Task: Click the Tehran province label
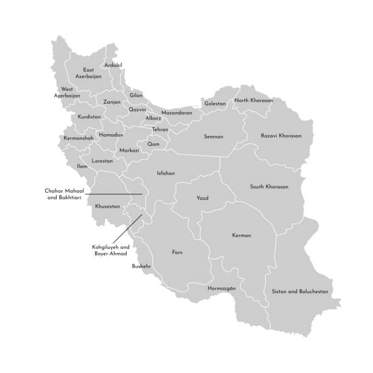160,130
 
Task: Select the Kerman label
241,235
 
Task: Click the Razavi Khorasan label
281,135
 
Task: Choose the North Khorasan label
254,101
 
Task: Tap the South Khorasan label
269,187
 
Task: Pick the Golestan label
215,104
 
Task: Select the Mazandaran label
177,113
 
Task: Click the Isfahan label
166,172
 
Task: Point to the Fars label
177,252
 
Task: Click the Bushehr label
141,266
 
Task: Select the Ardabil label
113,65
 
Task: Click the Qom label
153,144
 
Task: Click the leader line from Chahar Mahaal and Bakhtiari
116,194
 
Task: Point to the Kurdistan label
90,117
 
